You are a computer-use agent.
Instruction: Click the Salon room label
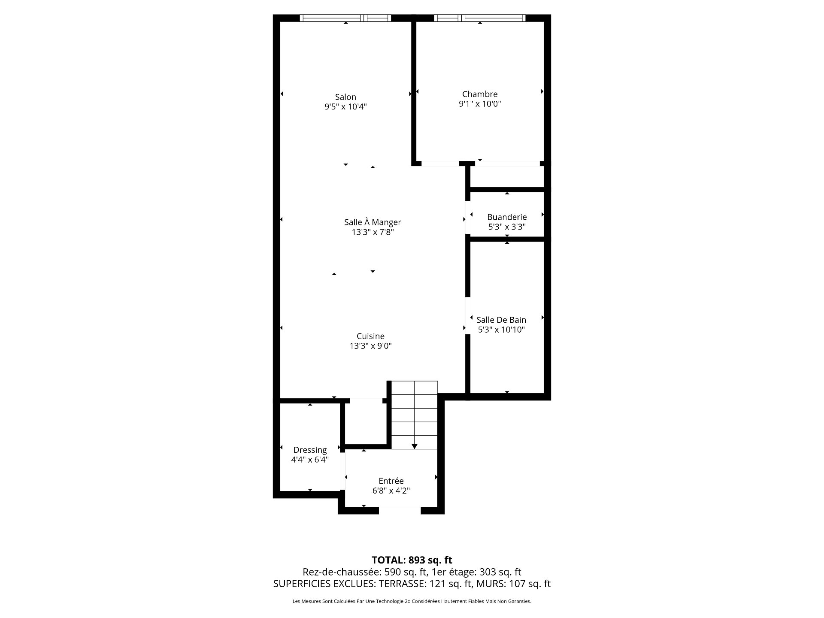pyautogui.click(x=345, y=97)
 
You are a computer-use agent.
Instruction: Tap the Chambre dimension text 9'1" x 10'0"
pyautogui.click(x=480, y=104)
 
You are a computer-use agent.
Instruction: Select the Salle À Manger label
pyautogui.click(x=373, y=222)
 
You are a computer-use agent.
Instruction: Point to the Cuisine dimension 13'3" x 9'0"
pyautogui.click(x=371, y=346)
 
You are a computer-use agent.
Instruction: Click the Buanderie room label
pyautogui.click(x=507, y=217)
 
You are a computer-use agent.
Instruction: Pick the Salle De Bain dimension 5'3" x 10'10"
pyautogui.click(x=501, y=330)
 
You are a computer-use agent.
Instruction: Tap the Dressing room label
pyautogui.click(x=310, y=450)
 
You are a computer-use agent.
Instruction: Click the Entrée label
pyautogui.click(x=391, y=481)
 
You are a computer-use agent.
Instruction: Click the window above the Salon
pyautogui.click(x=345, y=18)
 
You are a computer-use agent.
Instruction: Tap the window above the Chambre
pyautogui.click(x=480, y=18)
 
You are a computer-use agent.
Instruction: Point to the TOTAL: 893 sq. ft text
pyautogui.click(x=412, y=560)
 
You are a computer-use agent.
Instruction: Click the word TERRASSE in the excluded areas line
pyautogui.click(x=403, y=584)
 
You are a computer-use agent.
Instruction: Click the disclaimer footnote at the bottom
pyautogui.click(x=412, y=601)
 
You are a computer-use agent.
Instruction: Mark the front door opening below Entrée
pyautogui.click(x=400, y=510)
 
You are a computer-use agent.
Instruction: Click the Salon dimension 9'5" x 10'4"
pyautogui.click(x=345, y=107)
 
